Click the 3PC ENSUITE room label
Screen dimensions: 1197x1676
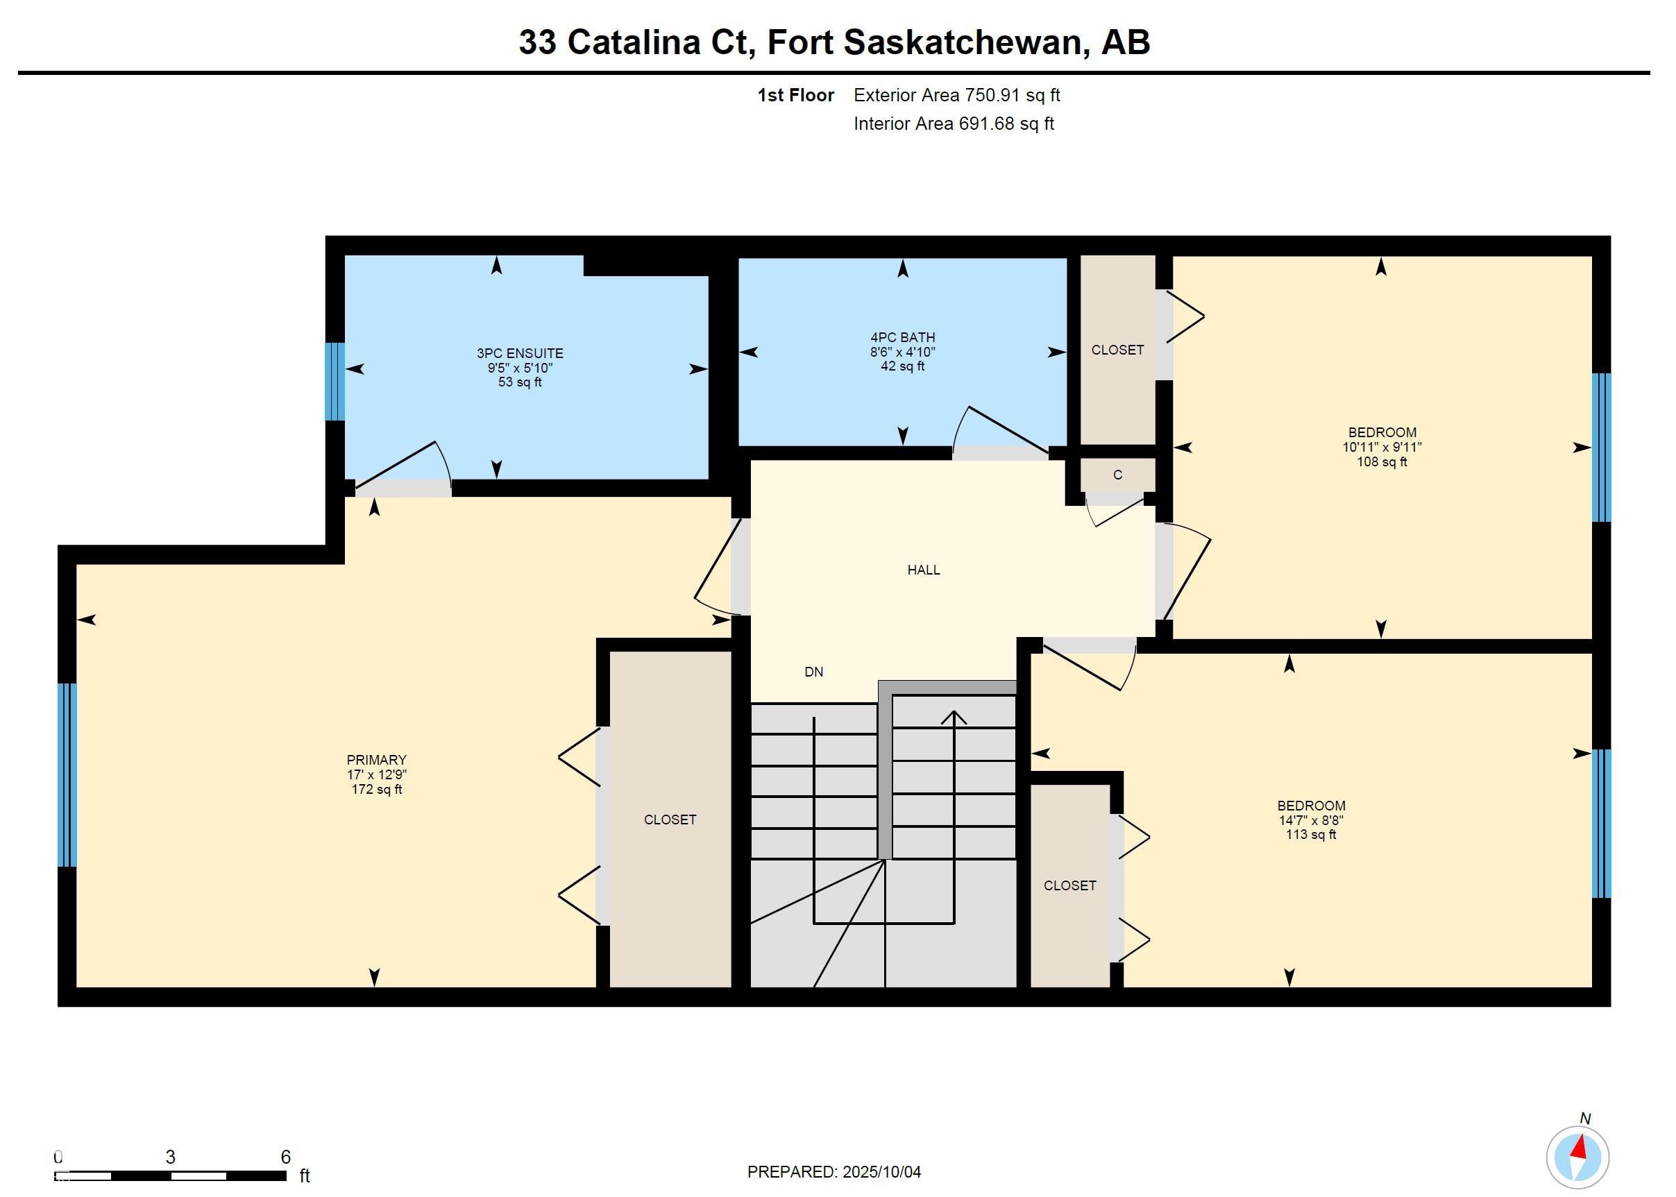coord(520,353)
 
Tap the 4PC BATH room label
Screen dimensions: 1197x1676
coord(902,337)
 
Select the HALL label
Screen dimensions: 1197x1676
coord(923,570)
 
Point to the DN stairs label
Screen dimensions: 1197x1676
coord(813,672)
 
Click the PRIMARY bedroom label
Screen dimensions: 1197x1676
coord(377,760)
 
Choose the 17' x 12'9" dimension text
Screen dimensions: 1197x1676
coord(377,774)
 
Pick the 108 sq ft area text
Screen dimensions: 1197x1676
coord(1381,462)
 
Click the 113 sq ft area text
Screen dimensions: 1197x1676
coord(1310,834)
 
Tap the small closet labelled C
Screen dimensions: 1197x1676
coord(1117,475)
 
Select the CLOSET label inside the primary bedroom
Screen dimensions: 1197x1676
coord(669,820)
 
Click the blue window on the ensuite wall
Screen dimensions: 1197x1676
coord(335,381)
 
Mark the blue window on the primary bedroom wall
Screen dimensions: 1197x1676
coord(67,774)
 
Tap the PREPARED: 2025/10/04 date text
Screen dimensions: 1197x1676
coord(833,1172)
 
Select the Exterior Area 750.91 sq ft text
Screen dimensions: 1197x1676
coord(956,95)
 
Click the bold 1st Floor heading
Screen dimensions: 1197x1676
coord(795,95)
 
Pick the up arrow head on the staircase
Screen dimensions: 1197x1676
coord(954,716)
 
